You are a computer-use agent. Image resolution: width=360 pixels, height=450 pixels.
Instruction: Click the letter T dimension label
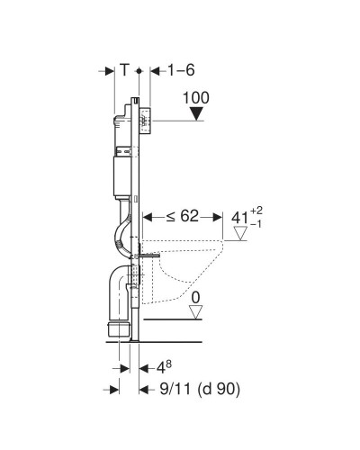[124, 70]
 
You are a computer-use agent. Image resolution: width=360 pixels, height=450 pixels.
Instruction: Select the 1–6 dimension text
[181, 70]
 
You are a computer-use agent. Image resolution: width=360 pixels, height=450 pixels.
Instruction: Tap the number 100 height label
[196, 98]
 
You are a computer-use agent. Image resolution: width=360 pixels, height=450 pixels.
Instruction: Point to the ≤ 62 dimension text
[183, 216]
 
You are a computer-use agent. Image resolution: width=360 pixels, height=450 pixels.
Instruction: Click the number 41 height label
[239, 218]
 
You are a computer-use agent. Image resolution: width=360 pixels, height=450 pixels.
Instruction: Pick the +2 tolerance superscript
[256, 211]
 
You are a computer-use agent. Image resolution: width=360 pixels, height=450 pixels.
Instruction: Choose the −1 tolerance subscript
[256, 224]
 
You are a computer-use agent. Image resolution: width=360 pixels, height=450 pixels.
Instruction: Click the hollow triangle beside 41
[240, 233]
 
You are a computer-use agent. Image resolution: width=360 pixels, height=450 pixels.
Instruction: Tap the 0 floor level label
[195, 298]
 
